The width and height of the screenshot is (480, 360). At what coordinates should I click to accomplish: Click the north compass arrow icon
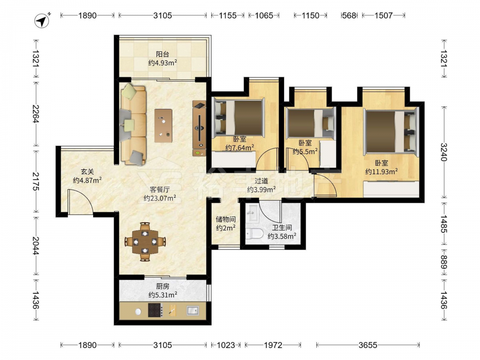(42, 21)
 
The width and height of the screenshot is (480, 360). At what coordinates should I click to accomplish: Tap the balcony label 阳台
(163, 55)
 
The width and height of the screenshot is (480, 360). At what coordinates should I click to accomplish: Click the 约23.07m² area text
(160, 198)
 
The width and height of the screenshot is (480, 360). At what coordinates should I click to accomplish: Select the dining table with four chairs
(145, 242)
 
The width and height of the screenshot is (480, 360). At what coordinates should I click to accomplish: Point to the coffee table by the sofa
(163, 125)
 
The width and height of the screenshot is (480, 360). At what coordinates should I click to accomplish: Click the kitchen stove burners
(155, 310)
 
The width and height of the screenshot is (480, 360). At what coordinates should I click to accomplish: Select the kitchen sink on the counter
(192, 311)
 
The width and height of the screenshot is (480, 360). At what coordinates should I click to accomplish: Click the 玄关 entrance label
(87, 172)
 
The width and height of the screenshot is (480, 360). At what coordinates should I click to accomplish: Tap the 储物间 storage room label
(226, 219)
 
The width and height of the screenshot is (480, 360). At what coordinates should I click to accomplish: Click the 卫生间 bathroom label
(282, 228)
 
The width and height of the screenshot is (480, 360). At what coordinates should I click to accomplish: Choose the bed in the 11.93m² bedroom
(391, 132)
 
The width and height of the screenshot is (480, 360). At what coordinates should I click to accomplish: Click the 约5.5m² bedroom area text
(305, 151)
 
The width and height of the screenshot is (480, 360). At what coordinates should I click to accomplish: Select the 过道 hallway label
(261, 181)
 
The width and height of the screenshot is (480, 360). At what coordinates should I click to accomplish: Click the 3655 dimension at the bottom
(368, 345)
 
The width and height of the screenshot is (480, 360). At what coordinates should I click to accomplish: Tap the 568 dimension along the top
(349, 15)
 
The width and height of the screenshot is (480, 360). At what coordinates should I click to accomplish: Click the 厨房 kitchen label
(163, 287)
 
